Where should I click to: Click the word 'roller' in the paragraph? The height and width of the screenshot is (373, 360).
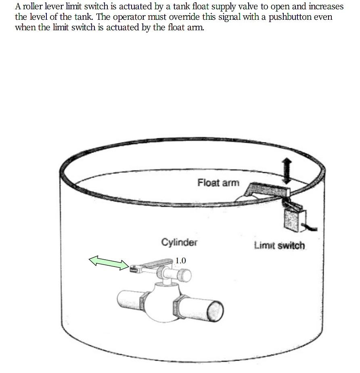point(31,7)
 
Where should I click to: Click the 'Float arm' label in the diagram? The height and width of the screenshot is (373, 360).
point(218,183)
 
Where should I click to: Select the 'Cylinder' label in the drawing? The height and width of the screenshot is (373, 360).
point(179,242)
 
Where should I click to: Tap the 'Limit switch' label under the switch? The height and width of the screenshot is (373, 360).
point(280,245)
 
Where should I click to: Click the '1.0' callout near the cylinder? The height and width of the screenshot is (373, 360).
point(180,261)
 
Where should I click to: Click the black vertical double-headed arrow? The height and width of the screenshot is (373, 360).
point(286,170)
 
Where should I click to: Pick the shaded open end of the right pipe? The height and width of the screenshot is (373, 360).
point(216,312)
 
